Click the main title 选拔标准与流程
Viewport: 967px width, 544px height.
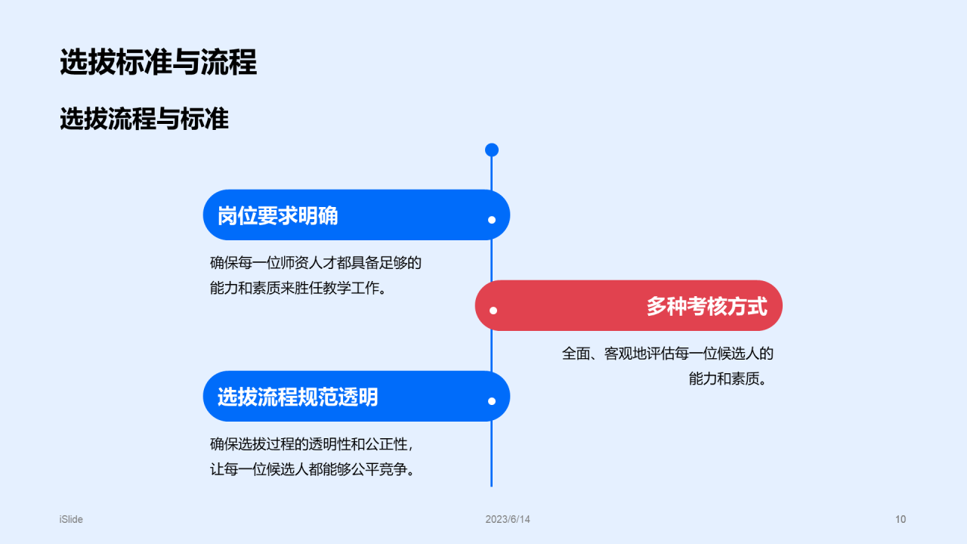click(158, 62)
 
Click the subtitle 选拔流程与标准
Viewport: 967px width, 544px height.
click(144, 119)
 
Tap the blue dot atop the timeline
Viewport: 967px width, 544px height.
click(492, 150)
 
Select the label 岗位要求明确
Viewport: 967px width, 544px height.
click(277, 216)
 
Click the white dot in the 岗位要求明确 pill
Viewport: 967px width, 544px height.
click(492, 220)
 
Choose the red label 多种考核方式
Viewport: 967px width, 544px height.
click(706, 306)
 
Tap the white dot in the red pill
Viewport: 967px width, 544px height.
click(493, 310)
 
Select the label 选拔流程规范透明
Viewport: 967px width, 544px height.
click(298, 397)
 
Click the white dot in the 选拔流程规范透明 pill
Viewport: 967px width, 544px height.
click(492, 401)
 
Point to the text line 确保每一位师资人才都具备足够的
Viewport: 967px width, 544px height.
click(315, 263)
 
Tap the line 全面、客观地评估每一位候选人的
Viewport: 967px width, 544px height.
click(668, 353)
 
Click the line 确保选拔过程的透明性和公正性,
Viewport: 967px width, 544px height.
click(311, 444)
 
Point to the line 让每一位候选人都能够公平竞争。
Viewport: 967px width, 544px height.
click(312, 469)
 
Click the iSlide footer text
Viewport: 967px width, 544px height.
click(71, 519)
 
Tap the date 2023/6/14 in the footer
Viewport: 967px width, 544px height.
click(508, 519)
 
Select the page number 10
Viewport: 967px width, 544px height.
click(901, 519)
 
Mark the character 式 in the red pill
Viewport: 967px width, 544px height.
click(757, 306)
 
